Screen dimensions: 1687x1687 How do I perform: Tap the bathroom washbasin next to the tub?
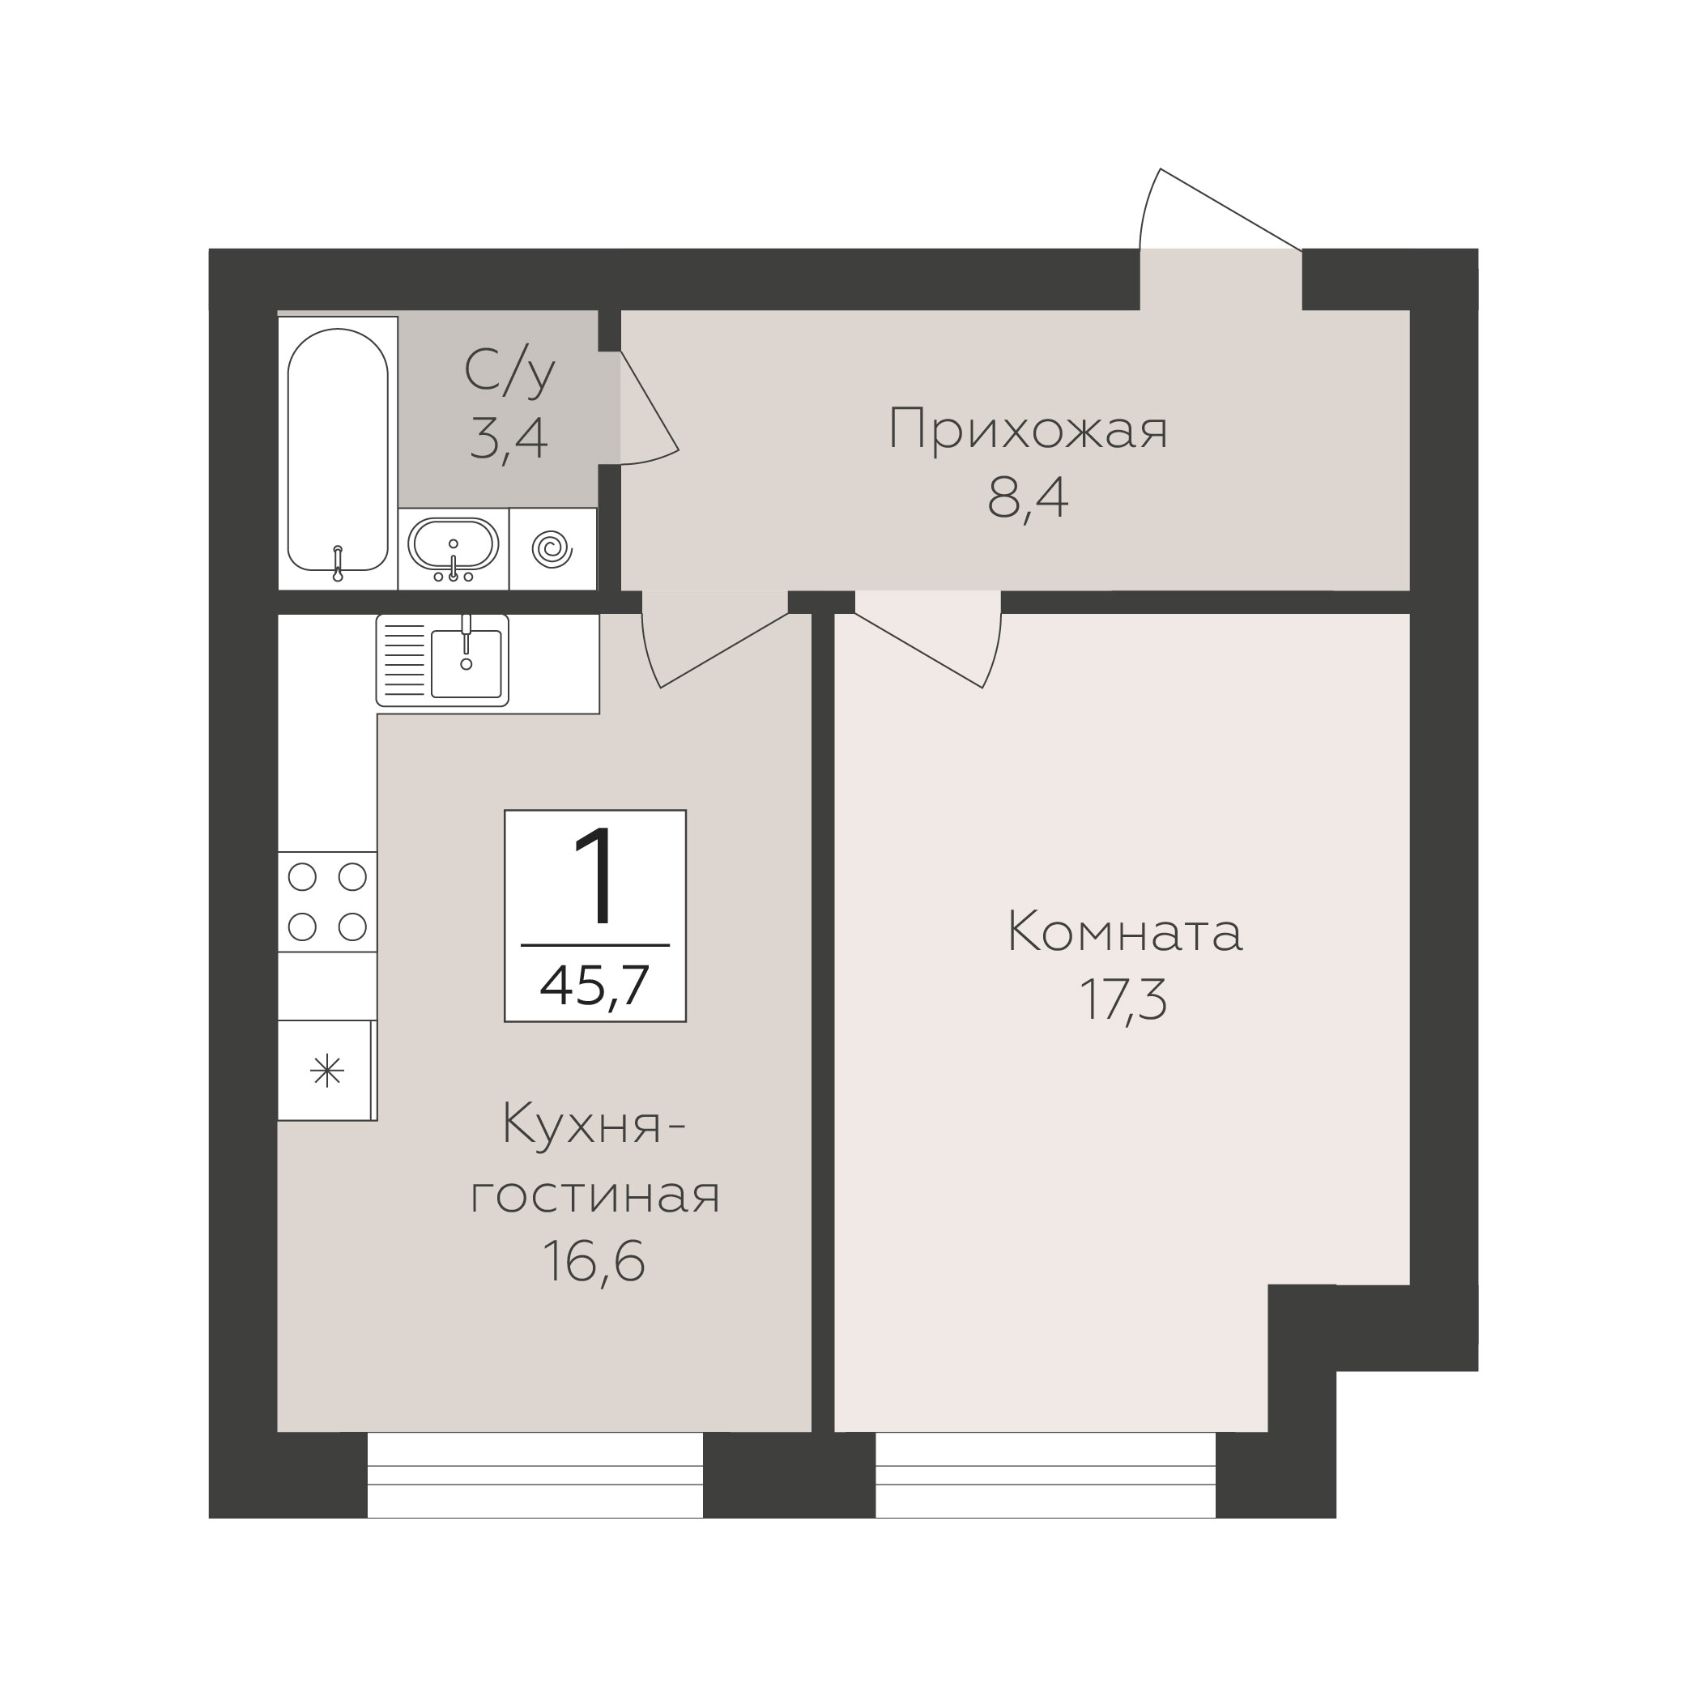click(454, 547)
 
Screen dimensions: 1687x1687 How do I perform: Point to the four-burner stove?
click(327, 902)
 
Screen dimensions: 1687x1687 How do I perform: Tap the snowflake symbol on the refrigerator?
click(327, 1071)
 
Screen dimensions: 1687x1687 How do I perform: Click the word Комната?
click(1125, 931)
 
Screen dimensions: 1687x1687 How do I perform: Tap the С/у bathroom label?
click(509, 370)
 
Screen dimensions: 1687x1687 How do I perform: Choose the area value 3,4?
click(508, 438)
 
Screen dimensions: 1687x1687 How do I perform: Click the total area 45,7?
click(594, 986)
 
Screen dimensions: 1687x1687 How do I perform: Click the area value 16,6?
click(594, 1261)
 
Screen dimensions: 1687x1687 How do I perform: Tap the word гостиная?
click(594, 1195)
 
